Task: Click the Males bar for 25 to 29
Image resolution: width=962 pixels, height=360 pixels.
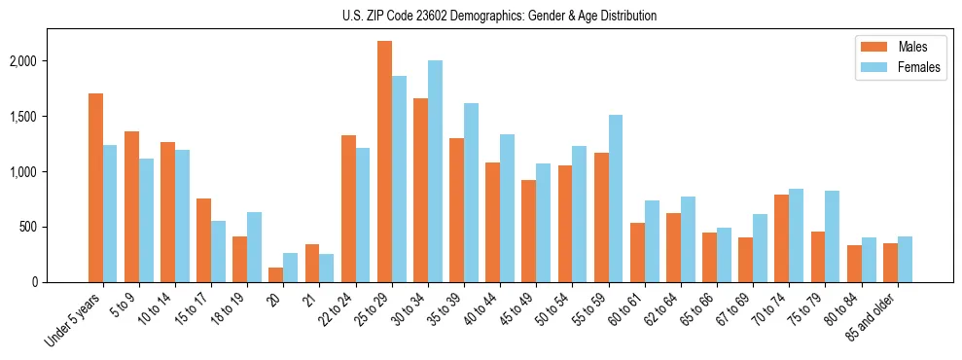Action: click(384, 162)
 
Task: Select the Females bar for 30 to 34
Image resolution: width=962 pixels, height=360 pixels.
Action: click(435, 171)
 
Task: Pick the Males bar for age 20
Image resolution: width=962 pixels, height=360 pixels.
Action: click(276, 274)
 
